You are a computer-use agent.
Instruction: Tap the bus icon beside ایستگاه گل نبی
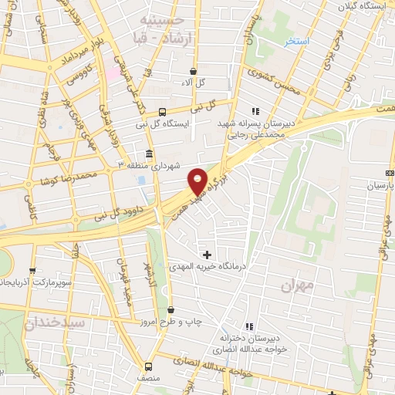pos(161,111)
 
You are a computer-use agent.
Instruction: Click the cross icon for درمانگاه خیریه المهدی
pos(207,254)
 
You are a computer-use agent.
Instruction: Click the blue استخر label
pos(295,40)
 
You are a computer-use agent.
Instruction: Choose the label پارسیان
pos(380,187)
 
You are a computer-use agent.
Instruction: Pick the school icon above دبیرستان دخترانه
pos(248,327)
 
